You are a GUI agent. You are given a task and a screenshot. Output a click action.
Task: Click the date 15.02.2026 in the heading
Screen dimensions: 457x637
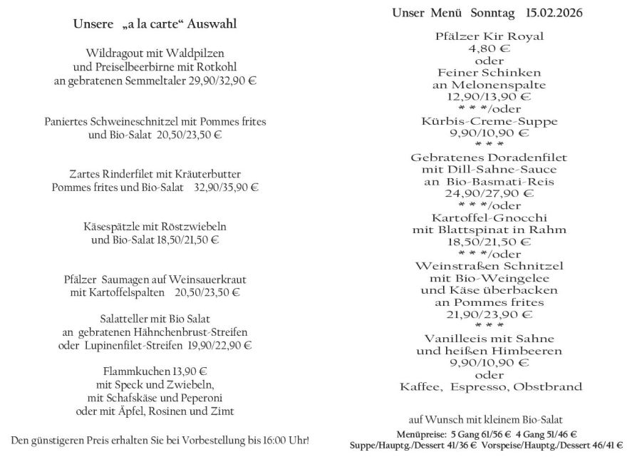click(x=559, y=14)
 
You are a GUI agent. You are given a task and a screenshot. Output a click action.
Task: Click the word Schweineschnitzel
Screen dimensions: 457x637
click(x=132, y=122)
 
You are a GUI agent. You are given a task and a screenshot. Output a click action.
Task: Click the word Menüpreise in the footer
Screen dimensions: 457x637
click(x=416, y=433)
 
